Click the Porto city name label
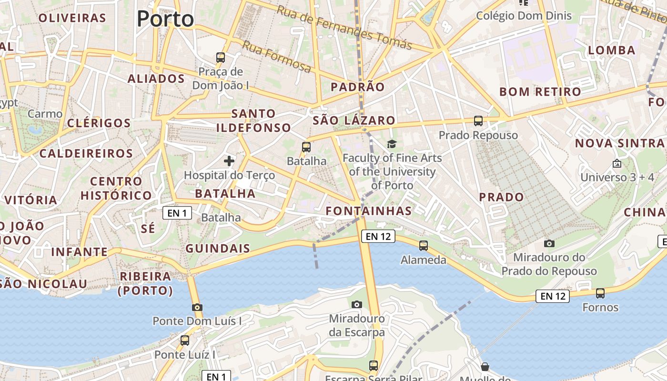pos(165,19)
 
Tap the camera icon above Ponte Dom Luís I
pos(197,307)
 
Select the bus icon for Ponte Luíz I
pos(185,341)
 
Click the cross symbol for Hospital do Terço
pos(229,161)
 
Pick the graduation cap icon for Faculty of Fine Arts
pos(392,144)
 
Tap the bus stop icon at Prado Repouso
pos(478,121)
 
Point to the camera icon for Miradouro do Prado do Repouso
pos(549,243)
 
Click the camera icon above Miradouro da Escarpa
pos(356,304)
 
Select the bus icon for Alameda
pos(424,246)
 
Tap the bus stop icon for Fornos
pos(600,293)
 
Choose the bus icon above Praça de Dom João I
pos(221,58)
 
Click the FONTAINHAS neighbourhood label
pos(369,211)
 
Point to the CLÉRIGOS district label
pos(99,123)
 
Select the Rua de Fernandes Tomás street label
pos(344,28)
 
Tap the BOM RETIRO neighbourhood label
pos(540,91)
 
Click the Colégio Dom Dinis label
pos(524,16)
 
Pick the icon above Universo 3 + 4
pos(617,163)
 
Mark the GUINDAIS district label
pos(218,248)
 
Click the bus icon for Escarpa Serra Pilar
pos(374,366)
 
